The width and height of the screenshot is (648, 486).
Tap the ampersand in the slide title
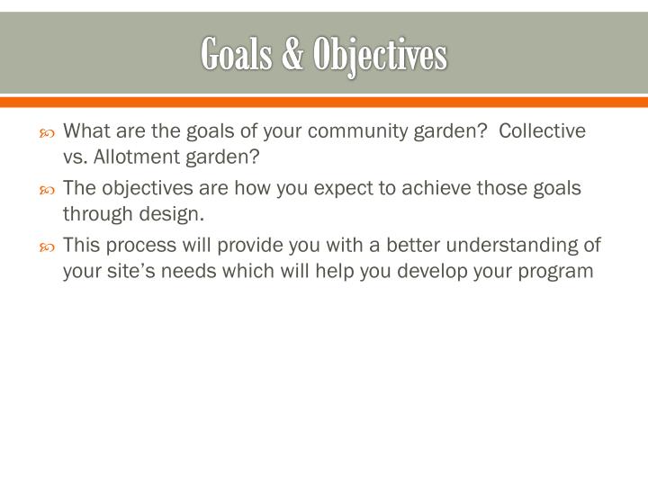coord(292,55)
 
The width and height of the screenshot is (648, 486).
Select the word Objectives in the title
coord(379,55)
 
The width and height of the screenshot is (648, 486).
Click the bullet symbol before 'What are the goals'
coord(49,133)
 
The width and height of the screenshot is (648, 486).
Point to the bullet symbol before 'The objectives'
coord(49,191)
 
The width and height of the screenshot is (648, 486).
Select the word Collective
coord(543,131)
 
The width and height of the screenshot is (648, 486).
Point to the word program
coord(559,271)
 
